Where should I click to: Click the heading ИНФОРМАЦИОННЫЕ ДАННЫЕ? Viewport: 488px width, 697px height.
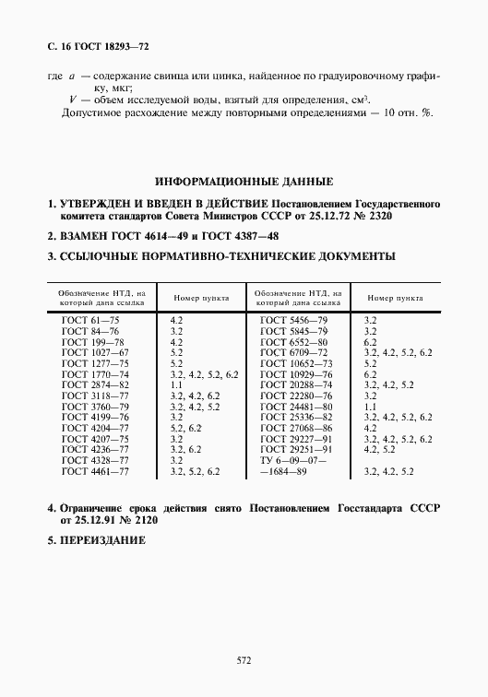244,182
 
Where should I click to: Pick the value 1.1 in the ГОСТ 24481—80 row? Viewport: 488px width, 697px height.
371,406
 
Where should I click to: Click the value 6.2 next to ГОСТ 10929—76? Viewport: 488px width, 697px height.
371,374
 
